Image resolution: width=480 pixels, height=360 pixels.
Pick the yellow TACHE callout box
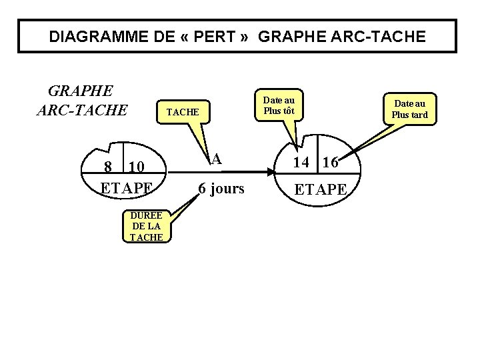tap(183, 112)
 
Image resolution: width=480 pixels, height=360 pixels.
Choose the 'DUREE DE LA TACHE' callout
tap(146, 226)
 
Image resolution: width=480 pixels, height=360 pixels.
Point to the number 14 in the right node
tap(301, 162)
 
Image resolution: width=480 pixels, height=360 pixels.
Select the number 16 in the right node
tap(331, 162)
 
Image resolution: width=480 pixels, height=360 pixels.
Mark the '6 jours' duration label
tap(221, 189)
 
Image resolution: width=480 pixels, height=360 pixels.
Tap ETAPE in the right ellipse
tap(321, 189)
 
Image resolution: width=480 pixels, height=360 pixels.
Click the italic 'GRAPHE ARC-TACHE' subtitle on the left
tap(81, 99)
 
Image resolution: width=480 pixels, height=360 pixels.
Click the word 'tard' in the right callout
tap(419, 115)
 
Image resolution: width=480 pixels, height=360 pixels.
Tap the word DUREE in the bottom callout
tap(146, 215)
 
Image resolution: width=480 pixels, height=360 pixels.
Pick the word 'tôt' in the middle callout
tap(287, 111)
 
